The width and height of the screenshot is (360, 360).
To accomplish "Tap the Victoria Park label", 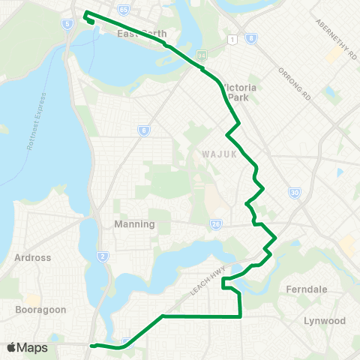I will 241,91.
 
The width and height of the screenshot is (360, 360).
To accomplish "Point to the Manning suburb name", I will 134,223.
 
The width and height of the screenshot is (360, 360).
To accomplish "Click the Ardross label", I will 33,257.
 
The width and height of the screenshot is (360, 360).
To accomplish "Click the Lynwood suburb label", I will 325,320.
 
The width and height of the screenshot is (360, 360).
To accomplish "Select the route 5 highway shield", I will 68,24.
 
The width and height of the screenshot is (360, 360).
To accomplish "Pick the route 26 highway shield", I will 217,223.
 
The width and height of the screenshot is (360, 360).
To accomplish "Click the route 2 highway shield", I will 103,256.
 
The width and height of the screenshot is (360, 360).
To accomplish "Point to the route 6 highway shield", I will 143,130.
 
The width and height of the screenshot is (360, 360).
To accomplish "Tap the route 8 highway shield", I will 250,37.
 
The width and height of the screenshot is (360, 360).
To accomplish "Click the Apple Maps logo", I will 27,347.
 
